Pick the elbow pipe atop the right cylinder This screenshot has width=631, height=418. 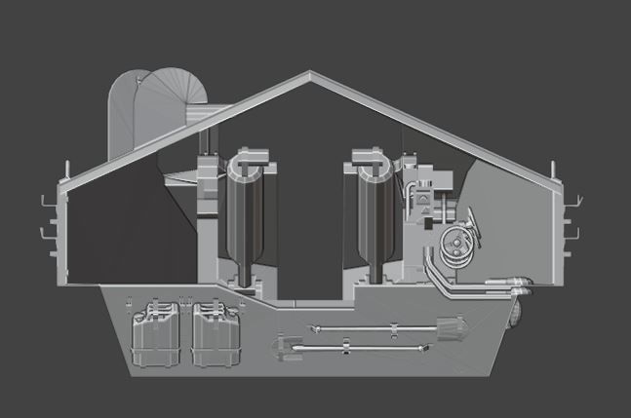pos(367,155)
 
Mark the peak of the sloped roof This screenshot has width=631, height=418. pos(310,74)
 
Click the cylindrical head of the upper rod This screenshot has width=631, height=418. pos(450,326)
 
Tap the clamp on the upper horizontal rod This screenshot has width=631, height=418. pos(346,328)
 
